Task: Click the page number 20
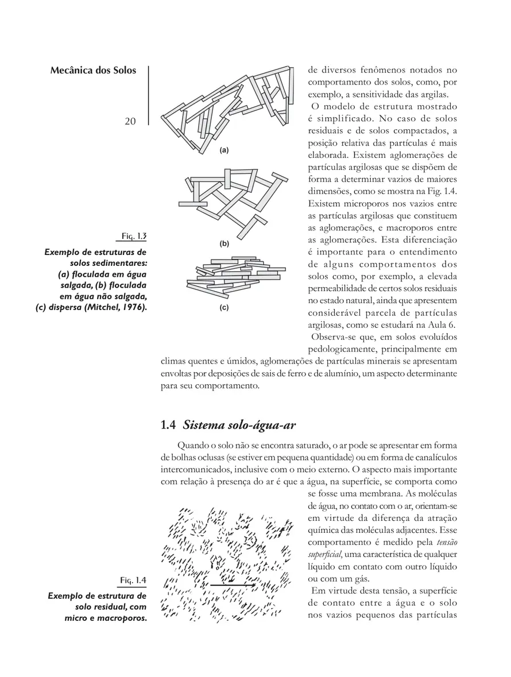129,122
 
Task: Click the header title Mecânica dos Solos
94,71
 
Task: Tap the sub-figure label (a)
224,150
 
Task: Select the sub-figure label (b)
224,243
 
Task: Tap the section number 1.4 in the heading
168,425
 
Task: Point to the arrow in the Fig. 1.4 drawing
232,585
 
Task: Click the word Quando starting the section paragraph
194,446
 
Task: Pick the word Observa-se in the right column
332,337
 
